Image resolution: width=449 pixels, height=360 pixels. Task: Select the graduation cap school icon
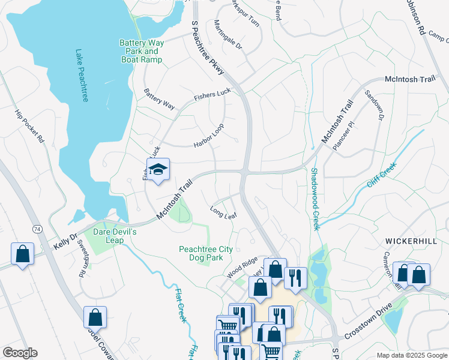pos(158,170)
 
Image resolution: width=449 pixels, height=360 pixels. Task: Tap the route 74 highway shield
pos(37,229)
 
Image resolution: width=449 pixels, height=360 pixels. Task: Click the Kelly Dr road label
pos(66,242)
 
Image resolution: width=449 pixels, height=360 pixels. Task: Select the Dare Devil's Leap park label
pos(115,236)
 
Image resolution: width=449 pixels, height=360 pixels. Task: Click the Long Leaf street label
pos(223,212)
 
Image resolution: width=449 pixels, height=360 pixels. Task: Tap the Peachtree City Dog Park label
pos(201,253)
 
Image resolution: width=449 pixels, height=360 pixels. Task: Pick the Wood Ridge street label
pos(242,268)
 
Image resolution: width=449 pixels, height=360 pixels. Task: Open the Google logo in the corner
pos(19,352)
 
